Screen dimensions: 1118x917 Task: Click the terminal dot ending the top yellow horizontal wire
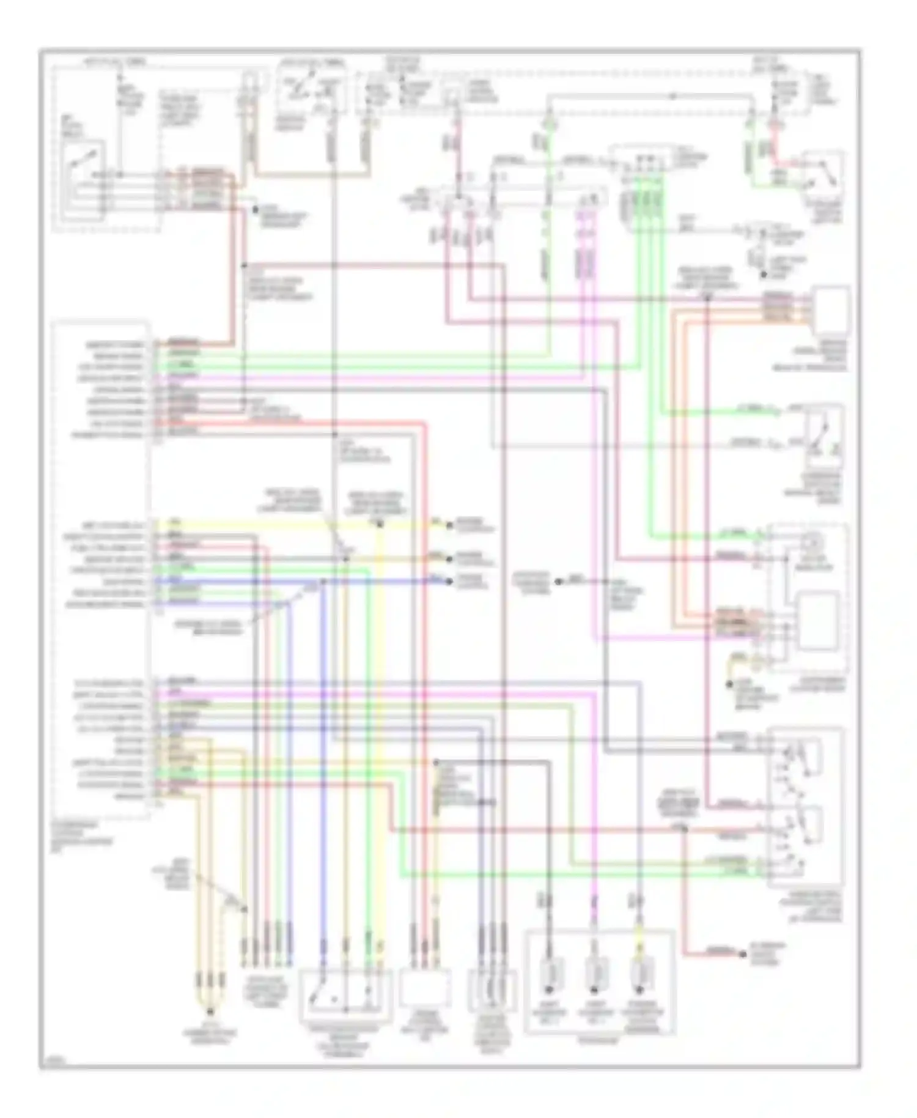click(x=450, y=525)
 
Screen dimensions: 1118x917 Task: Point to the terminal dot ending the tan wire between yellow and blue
click(x=450, y=558)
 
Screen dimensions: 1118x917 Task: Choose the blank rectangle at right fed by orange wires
click(x=830, y=312)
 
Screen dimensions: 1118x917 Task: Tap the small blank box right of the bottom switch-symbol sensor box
click(x=424, y=988)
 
